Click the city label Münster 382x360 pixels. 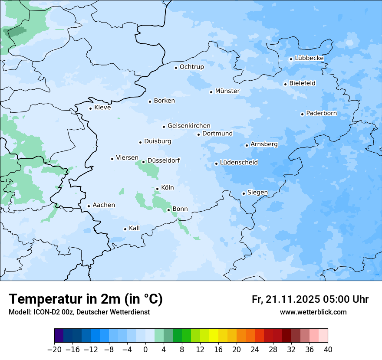227,91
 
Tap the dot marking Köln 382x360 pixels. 157,189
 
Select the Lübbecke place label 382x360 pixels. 309,58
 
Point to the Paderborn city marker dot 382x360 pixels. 302,114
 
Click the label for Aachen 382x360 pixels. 104,205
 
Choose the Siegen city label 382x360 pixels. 257,193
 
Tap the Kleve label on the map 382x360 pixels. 102,108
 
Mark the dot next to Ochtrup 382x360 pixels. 176,67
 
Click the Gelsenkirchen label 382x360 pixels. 189,126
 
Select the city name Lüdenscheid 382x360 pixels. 239,163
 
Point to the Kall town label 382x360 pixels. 135,228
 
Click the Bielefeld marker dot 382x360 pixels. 285,84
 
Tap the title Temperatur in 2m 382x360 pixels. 86,299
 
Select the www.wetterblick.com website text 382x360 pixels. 313,312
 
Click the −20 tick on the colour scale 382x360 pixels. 54,350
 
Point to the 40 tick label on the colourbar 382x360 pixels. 328,350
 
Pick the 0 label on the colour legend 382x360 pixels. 145,350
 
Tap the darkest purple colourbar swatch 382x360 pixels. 59,336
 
